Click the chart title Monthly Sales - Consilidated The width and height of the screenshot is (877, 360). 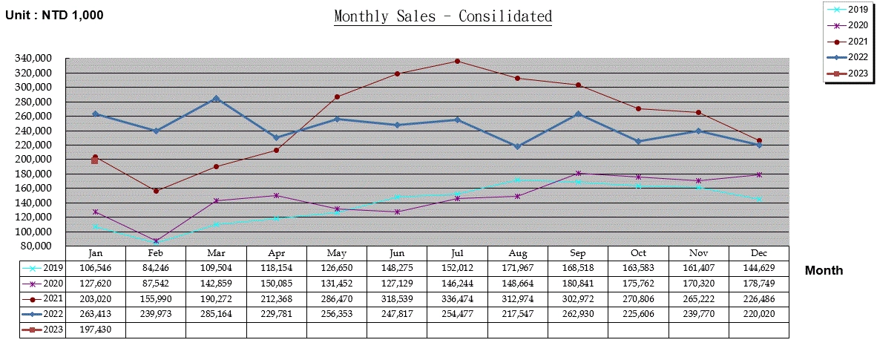tap(443, 16)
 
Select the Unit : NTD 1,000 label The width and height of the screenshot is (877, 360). tap(54, 15)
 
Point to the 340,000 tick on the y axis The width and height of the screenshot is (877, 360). tap(33, 58)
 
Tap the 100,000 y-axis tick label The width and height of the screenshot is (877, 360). tap(33, 232)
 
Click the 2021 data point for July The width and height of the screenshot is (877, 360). tap(456, 61)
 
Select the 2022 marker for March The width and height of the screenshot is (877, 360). tap(216, 98)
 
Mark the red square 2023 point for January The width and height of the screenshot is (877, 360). tap(94, 160)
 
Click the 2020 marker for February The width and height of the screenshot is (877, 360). tap(156, 240)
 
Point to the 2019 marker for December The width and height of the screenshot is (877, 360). tap(759, 199)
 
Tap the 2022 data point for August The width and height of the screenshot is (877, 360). tap(517, 146)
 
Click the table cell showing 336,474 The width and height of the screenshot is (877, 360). tap(456, 298)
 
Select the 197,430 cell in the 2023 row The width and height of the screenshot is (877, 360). tap(96, 329)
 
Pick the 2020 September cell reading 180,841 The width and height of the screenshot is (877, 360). tap(577, 283)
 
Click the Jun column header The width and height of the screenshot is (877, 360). tap(396, 253)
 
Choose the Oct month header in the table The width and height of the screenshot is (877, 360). tap(638, 253)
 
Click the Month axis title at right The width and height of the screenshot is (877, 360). tap(824, 270)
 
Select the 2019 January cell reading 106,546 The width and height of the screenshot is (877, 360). tap(96, 268)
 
